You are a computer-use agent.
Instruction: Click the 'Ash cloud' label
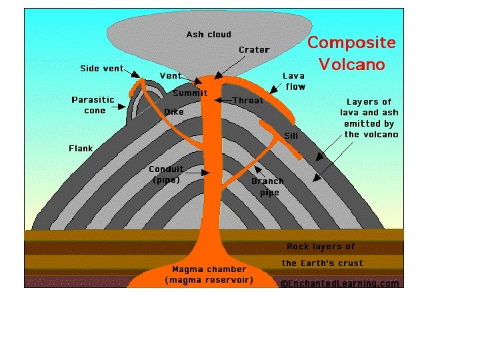[x=209, y=35]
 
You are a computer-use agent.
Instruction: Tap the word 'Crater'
[x=254, y=50]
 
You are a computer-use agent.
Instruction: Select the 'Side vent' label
[x=101, y=69]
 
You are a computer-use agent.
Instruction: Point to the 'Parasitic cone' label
[x=93, y=105]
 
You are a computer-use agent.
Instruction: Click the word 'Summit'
[x=190, y=93]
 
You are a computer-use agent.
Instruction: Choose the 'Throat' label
[x=248, y=101]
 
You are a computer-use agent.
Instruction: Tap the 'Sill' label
[x=291, y=136]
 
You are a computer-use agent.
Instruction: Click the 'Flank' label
[x=81, y=149]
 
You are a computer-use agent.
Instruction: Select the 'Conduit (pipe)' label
[x=166, y=175]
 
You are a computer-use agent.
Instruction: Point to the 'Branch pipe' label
[x=268, y=187]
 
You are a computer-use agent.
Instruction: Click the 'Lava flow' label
[x=294, y=81]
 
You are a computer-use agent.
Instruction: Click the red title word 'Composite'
[x=351, y=43]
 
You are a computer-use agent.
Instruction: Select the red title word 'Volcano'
[x=351, y=64]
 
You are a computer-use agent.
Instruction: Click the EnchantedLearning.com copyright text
[x=340, y=283]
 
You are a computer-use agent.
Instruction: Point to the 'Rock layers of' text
[x=321, y=247]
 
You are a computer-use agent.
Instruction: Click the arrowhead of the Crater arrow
[x=217, y=76]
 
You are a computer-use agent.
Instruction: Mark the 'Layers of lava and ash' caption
[x=371, y=118]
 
